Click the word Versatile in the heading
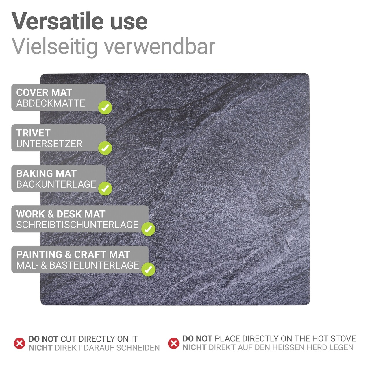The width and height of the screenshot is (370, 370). (x=58, y=21)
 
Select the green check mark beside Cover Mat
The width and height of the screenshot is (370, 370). (x=105, y=107)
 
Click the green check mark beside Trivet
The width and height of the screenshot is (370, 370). (x=105, y=148)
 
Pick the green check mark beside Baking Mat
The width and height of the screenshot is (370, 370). (x=105, y=188)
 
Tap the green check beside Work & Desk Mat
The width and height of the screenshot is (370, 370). (x=148, y=229)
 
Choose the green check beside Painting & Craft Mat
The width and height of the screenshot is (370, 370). (x=148, y=269)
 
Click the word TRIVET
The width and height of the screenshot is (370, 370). (x=34, y=133)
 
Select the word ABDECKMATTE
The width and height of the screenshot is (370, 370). (x=51, y=103)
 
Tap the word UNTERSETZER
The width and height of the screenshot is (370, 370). (x=49, y=144)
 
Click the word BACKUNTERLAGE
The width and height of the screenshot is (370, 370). (x=56, y=184)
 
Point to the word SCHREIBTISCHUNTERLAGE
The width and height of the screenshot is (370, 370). (x=77, y=225)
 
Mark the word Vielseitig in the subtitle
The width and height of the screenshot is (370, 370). (x=55, y=47)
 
